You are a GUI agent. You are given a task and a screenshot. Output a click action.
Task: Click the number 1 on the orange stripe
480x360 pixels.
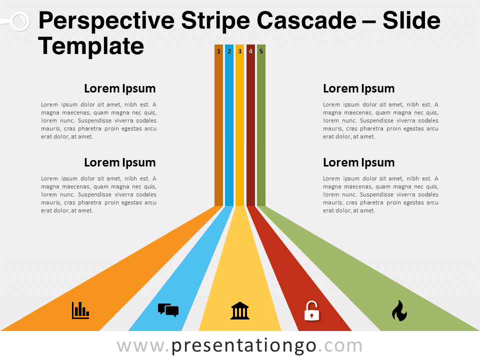[x=218, y=51]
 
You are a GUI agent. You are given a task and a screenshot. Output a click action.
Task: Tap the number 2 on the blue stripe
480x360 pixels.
[x=229, y=51]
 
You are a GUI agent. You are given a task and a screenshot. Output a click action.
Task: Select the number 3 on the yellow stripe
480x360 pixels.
[x=239, y=51]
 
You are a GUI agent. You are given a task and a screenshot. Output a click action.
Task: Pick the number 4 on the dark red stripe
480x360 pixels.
[x=250, y=51]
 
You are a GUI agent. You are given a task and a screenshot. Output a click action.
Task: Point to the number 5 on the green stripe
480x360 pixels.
[x=261, y=51]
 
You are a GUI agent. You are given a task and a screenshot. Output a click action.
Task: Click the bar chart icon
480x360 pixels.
[x=80, y=310]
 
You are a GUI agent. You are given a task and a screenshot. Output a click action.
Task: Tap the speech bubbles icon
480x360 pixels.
[x=168, y=310]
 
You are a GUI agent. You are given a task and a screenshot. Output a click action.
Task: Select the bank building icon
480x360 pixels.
[x=240, y=310]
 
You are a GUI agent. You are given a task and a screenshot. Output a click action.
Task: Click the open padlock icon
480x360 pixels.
[x=311, y=310]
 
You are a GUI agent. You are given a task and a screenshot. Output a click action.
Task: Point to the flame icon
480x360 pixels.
[x=399, y=310]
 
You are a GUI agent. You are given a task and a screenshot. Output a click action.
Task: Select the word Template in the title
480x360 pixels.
[x=91, y=46]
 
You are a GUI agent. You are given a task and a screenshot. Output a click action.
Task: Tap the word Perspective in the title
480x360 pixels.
[x=107, y=22]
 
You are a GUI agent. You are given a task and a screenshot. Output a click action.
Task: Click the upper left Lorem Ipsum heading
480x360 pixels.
[x=120, y=89]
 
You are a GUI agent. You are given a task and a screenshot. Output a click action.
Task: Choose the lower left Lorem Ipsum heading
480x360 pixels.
[x=120, y=162]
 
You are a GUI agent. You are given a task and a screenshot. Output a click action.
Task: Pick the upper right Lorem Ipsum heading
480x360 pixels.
[x=358, y=89]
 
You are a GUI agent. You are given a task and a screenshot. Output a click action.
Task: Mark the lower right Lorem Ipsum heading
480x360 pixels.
[x=358, y=162]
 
